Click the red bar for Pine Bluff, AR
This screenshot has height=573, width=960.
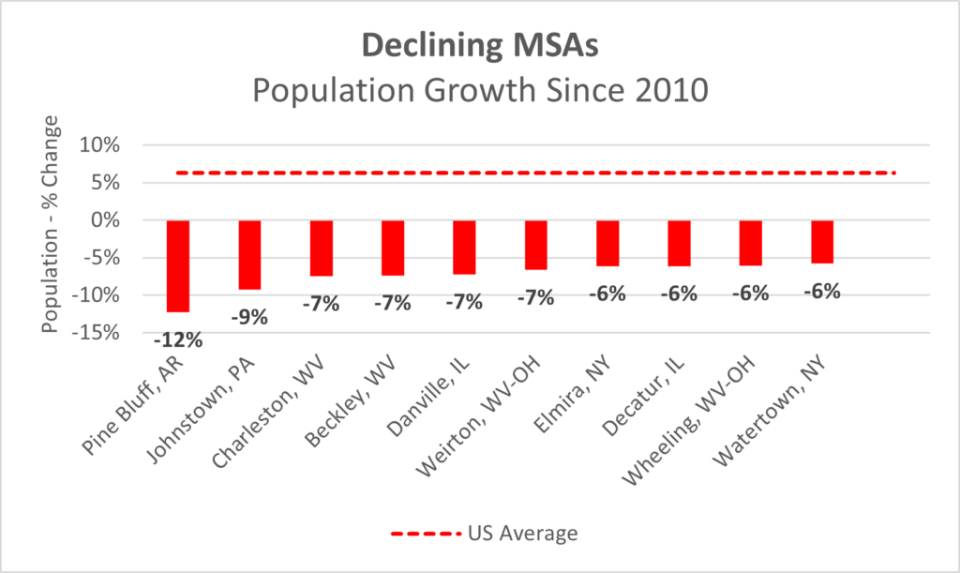click(x=177, y=265)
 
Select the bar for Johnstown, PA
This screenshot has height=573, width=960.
click(x=249, y=254)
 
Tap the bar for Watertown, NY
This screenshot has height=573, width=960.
click(x=822, y=242)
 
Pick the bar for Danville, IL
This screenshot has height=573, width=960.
click(x=464, y=247)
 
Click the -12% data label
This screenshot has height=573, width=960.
click(x=178, y=339)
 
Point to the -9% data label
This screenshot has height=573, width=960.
click(x=249, y=316)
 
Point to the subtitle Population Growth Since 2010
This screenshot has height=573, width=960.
click(x=479, y=91)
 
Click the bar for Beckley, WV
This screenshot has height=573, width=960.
click(x=393, y=248)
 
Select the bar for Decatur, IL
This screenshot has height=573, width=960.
click(x=679, y=243)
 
